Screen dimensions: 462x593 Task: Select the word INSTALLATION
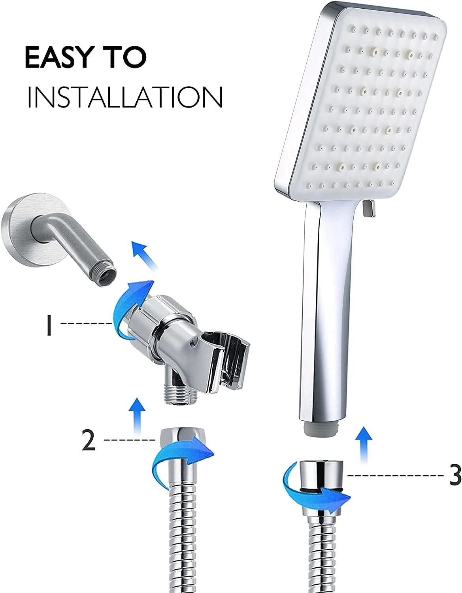(x=125, y=97)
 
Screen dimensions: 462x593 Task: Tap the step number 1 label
(x=49, y=325)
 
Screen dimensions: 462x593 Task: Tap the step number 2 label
(x=89, y=440)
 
